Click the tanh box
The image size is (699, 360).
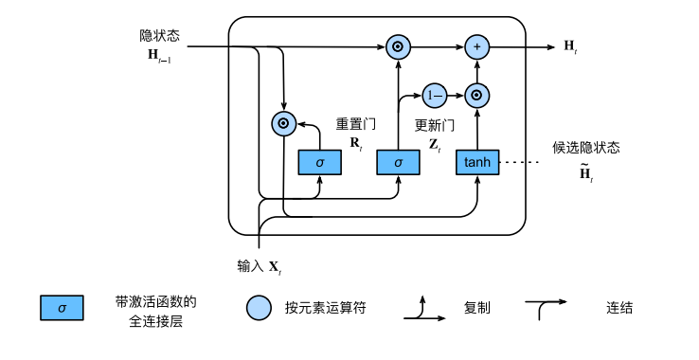(477, 162)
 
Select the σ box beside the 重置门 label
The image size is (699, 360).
(319, 162)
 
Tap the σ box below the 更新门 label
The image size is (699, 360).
(398, 162)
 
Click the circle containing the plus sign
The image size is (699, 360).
(477, 45)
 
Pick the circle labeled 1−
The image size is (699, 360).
(435, 95)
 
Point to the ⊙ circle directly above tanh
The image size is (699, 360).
(477, 95)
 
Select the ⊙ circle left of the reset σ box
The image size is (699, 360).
(281, 122)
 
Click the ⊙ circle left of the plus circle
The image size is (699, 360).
(398, 45)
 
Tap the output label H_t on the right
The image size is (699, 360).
(570, 45)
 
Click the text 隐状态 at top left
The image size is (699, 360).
(159, 35)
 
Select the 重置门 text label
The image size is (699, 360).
(355, 124)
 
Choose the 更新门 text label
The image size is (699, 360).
(435, 124)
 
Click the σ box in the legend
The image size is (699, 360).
(62, 309)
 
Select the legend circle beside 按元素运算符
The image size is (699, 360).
(259, 309)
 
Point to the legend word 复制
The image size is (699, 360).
(477, 308)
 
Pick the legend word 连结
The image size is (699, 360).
(619, 308)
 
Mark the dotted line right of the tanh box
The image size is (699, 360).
(519, 162)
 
